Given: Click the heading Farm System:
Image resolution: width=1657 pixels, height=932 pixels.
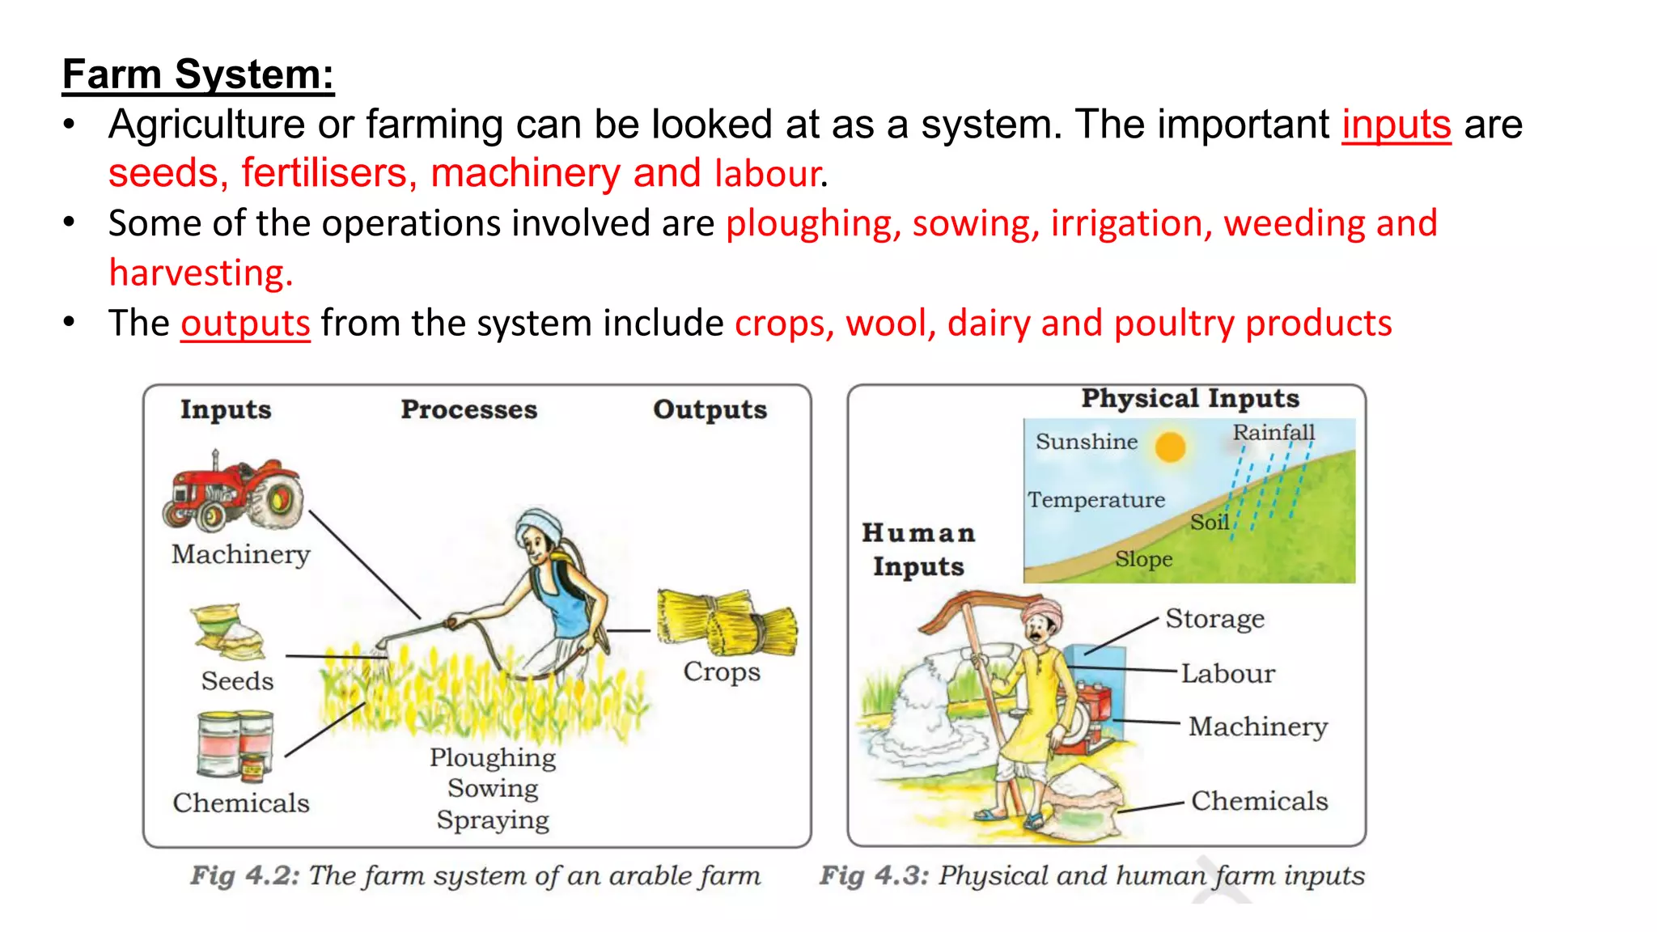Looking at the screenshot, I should [x=198, y=74].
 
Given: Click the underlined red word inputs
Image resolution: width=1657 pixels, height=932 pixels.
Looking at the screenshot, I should [x=1396, y=125].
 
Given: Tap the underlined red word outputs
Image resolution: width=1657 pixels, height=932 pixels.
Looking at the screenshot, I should [x=245, y=324].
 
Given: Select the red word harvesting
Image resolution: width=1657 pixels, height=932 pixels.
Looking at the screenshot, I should [x=201, y=273].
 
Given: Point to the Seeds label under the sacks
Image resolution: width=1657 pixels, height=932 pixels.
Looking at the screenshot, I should [x=237, y=681].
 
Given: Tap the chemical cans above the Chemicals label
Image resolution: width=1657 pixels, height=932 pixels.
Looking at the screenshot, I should [x=235, y=743].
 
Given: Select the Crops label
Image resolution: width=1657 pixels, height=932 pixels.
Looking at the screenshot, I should [x=722, y=671].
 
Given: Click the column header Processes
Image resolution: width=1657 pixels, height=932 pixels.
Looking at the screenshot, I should [x=468, y=409].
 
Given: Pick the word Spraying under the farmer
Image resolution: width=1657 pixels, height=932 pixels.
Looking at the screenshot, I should [x=493, y=820].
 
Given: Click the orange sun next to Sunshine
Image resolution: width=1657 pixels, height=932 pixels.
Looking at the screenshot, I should [x=1170, y=446].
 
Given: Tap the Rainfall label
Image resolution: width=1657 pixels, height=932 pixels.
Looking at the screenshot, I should [x=1273, y=433].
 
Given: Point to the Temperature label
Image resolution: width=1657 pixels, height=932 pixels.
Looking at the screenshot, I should [x=1096, y=500].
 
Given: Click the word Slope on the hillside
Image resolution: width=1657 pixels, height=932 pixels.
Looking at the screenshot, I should [x=1143, y=559].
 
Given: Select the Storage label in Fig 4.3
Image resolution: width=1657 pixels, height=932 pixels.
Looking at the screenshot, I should [x=1214, y=619].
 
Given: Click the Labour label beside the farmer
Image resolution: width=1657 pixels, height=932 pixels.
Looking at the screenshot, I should [x=1227, y=674].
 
